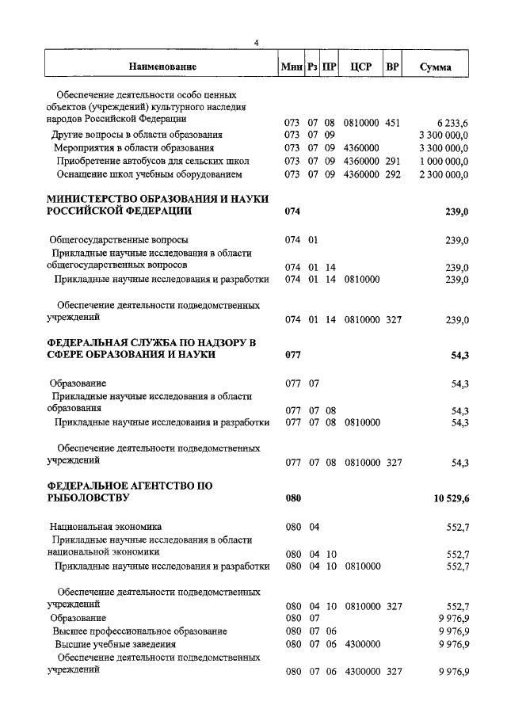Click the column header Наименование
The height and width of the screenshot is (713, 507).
(162, 67)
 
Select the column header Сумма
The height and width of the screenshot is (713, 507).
(436, 67)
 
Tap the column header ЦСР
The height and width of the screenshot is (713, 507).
(360, 67)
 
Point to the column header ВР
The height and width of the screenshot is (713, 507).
(392, 67)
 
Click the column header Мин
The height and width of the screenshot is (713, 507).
(292, 67)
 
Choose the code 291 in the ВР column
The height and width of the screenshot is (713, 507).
(393, 161)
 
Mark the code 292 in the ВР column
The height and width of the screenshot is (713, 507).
(393, 173)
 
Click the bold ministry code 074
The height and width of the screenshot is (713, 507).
(293, 212)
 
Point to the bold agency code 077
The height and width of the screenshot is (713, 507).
(293, 356)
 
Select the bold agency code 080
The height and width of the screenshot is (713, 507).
(293, 499)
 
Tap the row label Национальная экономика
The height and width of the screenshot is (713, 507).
(105, 525)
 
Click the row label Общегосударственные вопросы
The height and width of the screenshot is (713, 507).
(119, 239)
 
